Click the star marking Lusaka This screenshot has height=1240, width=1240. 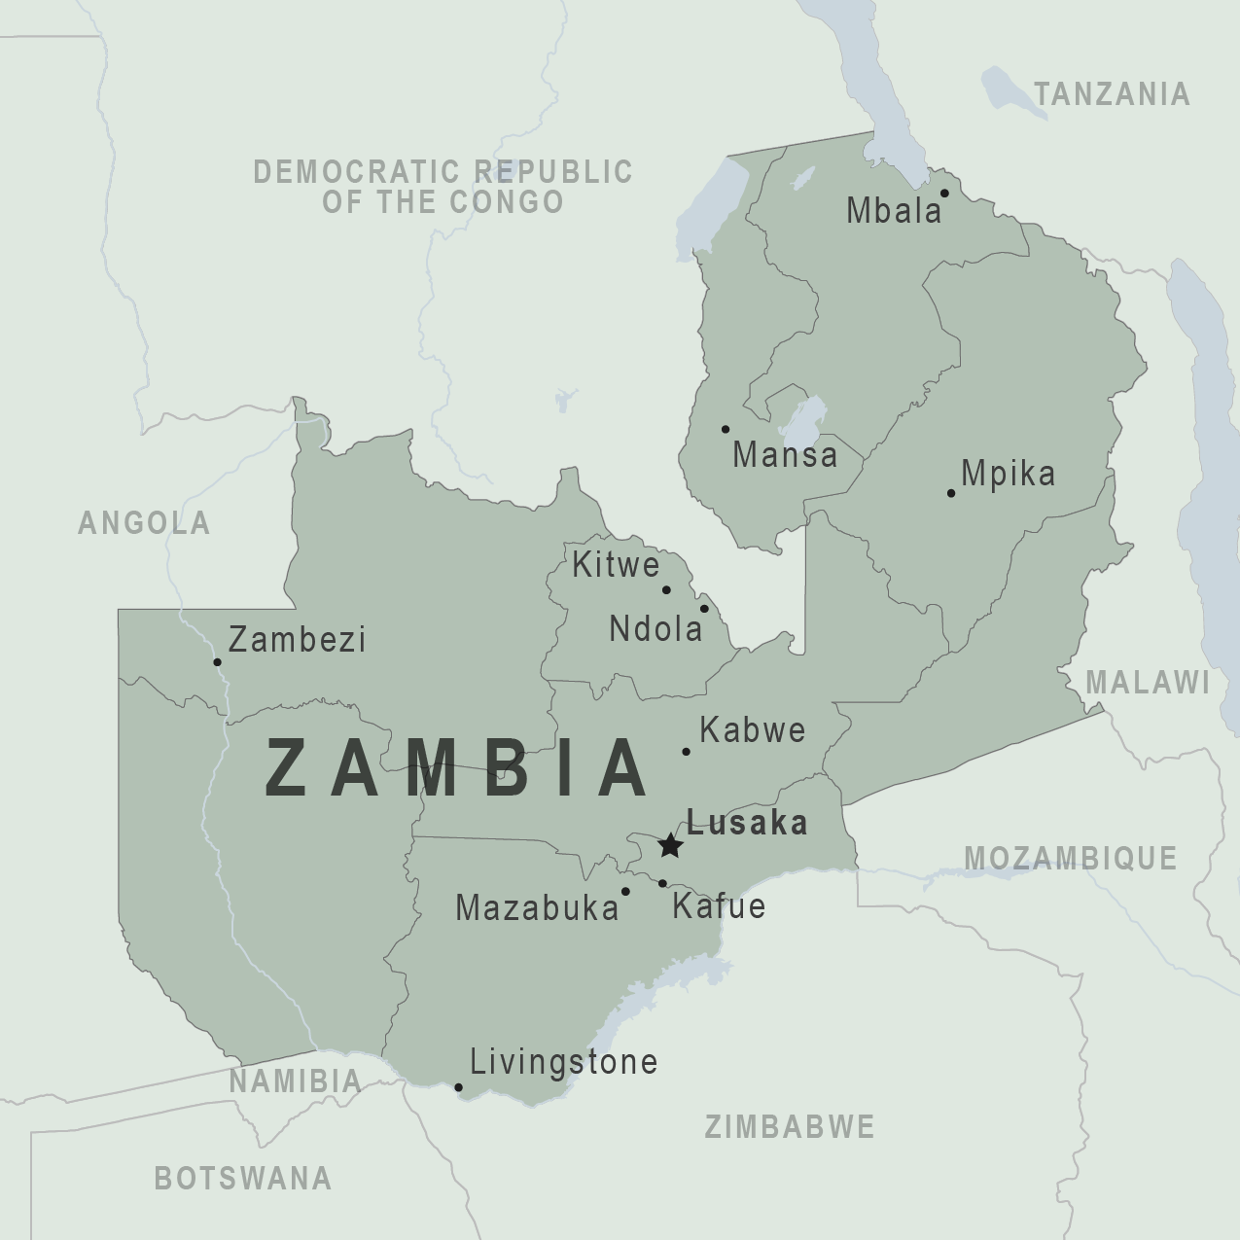point(670,845)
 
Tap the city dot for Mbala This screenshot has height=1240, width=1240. point(944,193)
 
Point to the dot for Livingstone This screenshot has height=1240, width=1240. point(459,1087)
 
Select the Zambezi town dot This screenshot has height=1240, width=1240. point(217,662)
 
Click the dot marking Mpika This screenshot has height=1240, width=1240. point(951,493)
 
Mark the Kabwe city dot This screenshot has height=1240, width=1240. point(686,751)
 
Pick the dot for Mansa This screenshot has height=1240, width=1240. point(725,429)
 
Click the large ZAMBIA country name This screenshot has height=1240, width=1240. point(455,768)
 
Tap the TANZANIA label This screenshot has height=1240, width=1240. point(1112,94)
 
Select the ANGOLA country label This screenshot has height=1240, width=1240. point(144,523)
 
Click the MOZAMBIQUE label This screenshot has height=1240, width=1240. point(1071,858)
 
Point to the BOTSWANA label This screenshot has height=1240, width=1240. point(243,1179)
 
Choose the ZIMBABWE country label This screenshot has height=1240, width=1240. point(790,1127)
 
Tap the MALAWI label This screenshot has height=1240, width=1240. point(1148,683)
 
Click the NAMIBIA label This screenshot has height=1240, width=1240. point(296,1081)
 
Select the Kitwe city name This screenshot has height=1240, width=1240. point(616,565)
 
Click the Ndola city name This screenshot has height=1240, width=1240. point(655,629)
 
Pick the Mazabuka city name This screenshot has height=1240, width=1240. point(537,908)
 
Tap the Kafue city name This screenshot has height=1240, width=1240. point(719,906)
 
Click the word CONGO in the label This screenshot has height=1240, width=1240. point(508,202)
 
